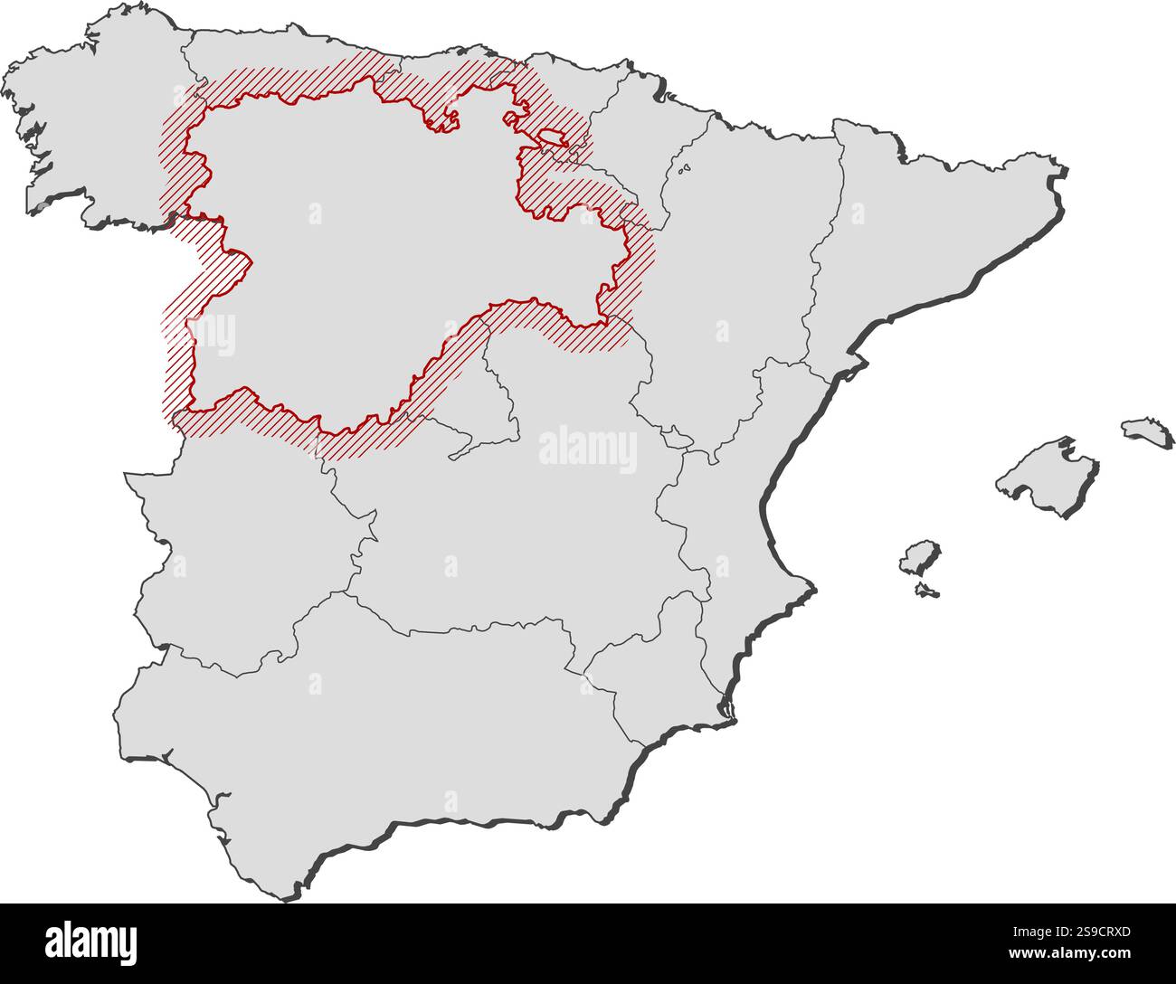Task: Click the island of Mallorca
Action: [1048, 474]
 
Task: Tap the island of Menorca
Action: [1147, 429]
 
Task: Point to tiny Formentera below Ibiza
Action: [925, 591]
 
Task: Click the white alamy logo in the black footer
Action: [90, 941]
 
